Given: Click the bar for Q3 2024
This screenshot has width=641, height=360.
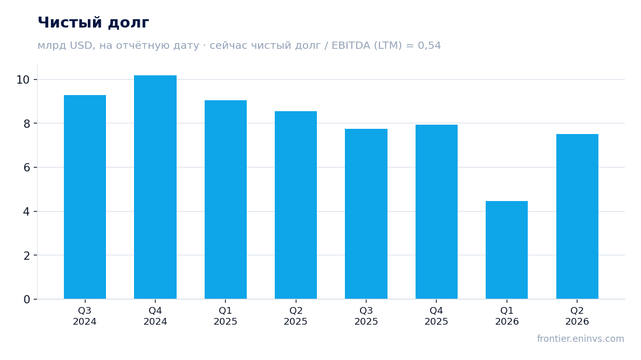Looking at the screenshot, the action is (85, 197).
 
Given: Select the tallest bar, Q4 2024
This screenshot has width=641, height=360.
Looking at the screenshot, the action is (155, 187).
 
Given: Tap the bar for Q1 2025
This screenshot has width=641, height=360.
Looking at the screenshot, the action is (225, 199).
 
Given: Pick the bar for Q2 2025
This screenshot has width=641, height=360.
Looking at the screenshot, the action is (296, 205).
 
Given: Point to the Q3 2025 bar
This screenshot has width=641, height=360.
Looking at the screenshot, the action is (366, 214).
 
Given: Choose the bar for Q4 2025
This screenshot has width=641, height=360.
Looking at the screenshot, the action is (436, 212).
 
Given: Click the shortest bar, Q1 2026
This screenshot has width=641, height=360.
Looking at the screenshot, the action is (506, 250).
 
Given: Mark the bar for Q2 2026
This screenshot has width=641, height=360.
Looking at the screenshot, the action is (577, 216).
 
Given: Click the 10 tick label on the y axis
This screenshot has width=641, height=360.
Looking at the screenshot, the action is (23, 80).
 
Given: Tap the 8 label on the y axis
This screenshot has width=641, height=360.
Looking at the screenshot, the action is (26, 124).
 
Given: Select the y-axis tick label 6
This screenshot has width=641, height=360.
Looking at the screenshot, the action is (26, 167).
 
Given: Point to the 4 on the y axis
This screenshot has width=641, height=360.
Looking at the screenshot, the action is (26, 212).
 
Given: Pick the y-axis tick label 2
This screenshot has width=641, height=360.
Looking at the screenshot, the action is (26, 256).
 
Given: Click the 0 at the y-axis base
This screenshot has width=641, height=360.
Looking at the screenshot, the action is (26, 300).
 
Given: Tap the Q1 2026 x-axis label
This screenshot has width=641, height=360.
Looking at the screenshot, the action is (507, 316).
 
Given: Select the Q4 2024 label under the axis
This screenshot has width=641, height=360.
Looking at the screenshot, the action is (155, 316).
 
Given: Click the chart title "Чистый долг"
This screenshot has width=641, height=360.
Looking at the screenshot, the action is (94, 23).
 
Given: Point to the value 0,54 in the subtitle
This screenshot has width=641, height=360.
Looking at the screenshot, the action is (429, 46).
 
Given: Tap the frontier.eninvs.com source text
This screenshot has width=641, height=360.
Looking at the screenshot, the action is (580, 339).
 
